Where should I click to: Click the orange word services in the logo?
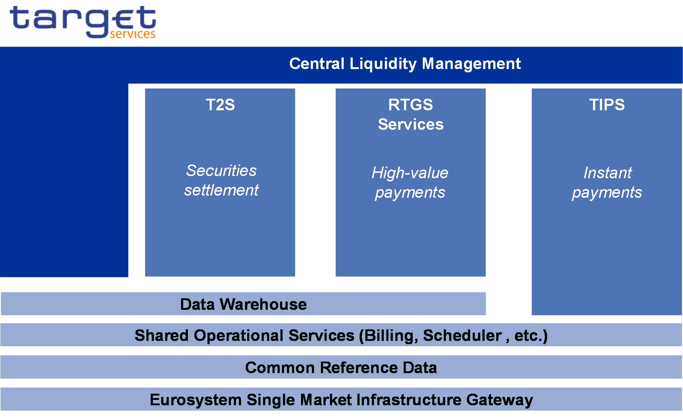point(133,34)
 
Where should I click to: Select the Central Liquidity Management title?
point(405,64)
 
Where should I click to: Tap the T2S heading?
point(220,105)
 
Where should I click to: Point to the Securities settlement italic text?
point(221,180)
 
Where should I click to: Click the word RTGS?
point(411,105)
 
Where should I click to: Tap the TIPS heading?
point(607,105)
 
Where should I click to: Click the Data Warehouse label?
point(243,304)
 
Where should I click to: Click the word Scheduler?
point(462,335)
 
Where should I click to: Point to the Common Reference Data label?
point(341,368)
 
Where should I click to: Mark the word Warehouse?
point(263,304)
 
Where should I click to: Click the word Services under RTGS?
point(411,124)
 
